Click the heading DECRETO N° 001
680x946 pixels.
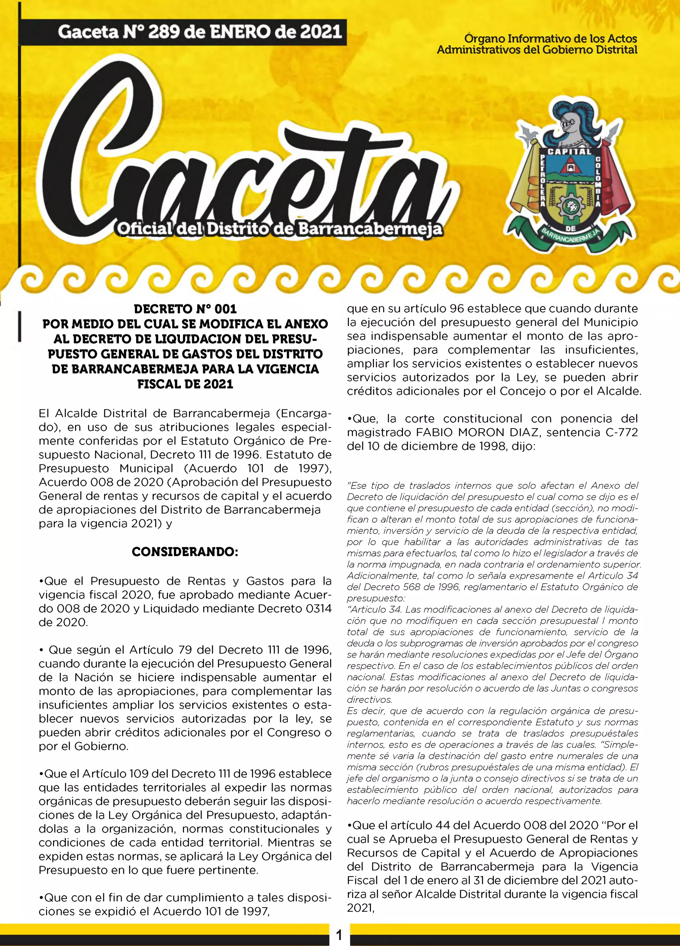185,309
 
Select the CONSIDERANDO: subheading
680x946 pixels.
185,552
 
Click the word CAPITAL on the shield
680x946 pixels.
569,151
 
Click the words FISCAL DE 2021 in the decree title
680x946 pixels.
185,384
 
